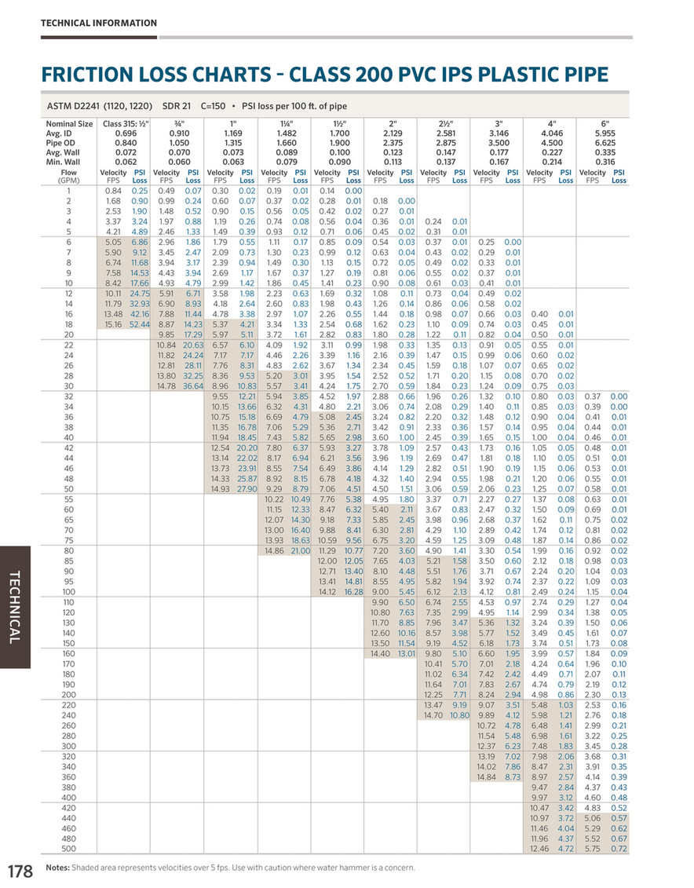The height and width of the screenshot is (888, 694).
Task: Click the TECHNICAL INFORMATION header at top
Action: [x=98, y=24]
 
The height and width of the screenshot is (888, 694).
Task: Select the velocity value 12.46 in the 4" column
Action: [x=539, y=849]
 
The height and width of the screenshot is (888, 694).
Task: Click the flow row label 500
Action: [x=69, y=849]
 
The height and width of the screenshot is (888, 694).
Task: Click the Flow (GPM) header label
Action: [x=69, y=176]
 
